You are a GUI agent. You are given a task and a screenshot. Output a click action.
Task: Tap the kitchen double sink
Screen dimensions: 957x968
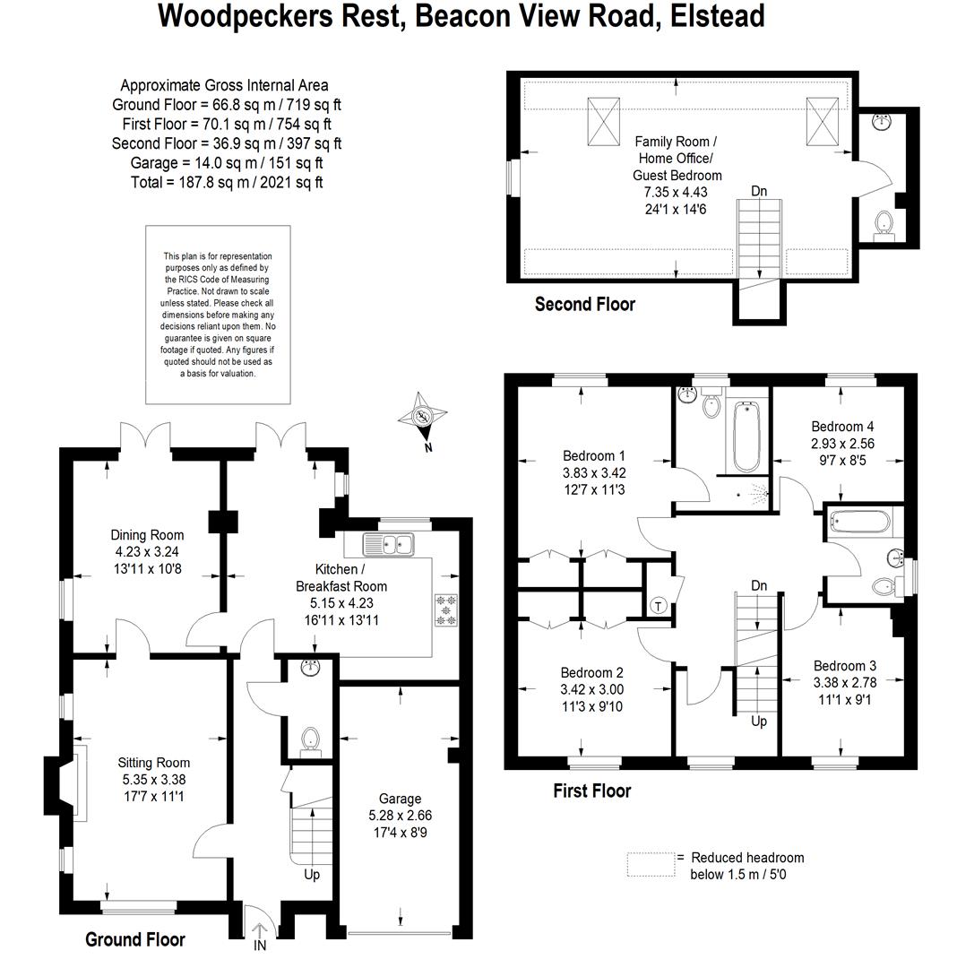coord(388,545)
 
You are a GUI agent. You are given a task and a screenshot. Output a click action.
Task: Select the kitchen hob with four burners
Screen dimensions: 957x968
coord(446,610)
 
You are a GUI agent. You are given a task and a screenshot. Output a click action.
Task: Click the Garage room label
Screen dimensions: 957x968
coord(400,799)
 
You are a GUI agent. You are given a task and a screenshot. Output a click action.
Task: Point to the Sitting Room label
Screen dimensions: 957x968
coord(153,763)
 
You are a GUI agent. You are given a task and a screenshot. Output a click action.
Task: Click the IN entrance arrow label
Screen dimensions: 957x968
coord(260,946)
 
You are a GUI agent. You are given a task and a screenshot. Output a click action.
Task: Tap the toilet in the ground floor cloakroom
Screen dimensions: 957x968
coord(310,742)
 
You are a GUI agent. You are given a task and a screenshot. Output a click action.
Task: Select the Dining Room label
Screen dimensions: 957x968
coord(147,535)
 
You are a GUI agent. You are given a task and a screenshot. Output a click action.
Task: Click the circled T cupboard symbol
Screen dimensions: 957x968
coord(659,606)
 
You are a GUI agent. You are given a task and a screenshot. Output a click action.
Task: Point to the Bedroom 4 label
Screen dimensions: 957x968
coord(842,427)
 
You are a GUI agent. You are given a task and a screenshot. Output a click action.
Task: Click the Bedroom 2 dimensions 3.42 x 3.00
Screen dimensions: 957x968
coord(591,689)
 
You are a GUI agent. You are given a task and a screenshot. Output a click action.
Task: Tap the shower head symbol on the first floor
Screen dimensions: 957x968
coord(756,492)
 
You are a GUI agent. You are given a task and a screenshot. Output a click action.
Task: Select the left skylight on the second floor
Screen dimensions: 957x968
coord(603,121)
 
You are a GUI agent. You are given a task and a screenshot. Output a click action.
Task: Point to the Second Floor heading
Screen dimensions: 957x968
coord(585,305)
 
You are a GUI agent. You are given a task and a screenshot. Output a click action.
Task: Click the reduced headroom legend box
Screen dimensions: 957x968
coord(651,864)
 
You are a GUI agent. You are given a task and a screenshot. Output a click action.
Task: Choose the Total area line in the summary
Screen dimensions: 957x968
coord(227,183)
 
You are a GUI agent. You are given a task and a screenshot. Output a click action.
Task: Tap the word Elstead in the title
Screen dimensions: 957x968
coord(717,16)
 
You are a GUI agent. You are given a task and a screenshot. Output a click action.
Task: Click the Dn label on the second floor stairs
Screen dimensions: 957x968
coord(759,192)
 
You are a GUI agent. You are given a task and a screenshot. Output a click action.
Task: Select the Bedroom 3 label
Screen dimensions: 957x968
coord(845,666)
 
